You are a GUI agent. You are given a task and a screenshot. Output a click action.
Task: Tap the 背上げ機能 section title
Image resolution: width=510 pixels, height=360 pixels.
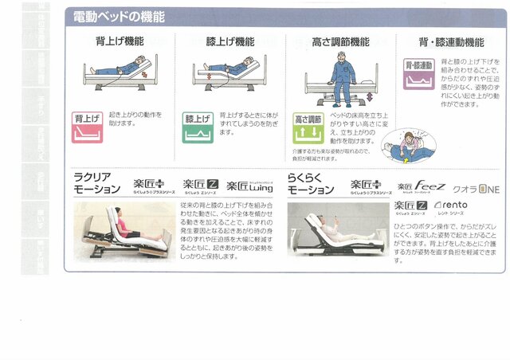pyautogui.click(x=120, y=41)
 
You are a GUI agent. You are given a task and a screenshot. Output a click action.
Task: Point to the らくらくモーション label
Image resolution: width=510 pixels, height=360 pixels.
pyautogui.click(x=310, y=183)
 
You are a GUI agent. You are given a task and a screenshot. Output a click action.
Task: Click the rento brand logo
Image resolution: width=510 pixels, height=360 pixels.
pyautogui.click(x=451, y=206)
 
